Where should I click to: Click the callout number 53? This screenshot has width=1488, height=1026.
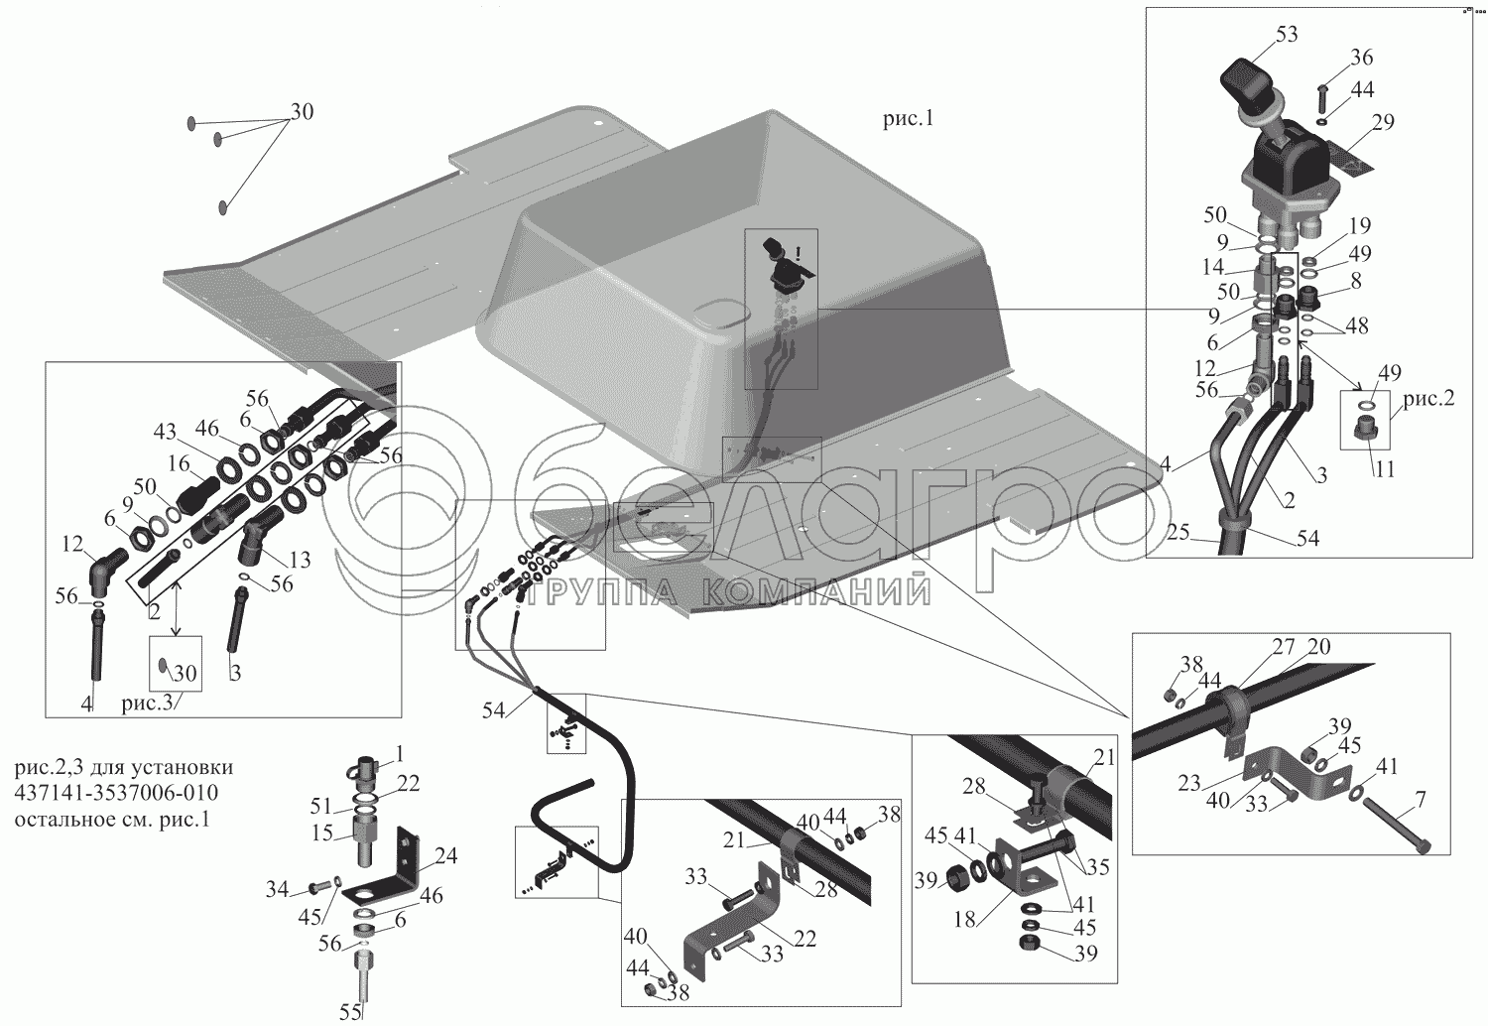(x=1286, y=34)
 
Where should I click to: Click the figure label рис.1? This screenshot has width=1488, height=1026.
(x=908, y=119)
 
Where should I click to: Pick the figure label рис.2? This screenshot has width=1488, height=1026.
(x=1428, y=398)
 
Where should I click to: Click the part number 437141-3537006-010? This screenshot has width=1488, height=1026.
(x=116, y=794)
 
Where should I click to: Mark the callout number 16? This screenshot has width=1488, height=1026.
(x=178, y=462)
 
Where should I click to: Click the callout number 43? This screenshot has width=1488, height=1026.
(x=164, y=432)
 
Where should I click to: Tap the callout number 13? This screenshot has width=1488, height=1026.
(x=300, y=560)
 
